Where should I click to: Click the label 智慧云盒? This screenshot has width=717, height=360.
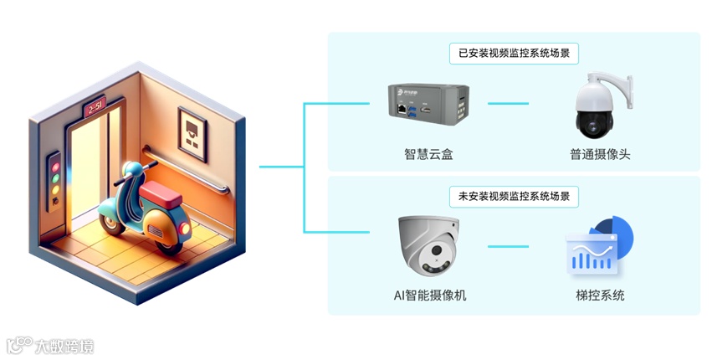pos(428,154)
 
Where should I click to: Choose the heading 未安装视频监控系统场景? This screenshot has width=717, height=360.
pos(515,197)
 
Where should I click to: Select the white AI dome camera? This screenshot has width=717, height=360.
pos(428,246)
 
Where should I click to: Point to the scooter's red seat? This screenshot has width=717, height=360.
pos(159,195)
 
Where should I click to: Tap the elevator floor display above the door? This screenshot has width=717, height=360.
pos(95,108)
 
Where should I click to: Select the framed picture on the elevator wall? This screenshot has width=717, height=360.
pos(193,135)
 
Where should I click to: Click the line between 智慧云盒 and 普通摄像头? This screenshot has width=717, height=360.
pos(508,105)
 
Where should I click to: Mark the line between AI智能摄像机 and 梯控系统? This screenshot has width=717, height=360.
pos(508,247)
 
